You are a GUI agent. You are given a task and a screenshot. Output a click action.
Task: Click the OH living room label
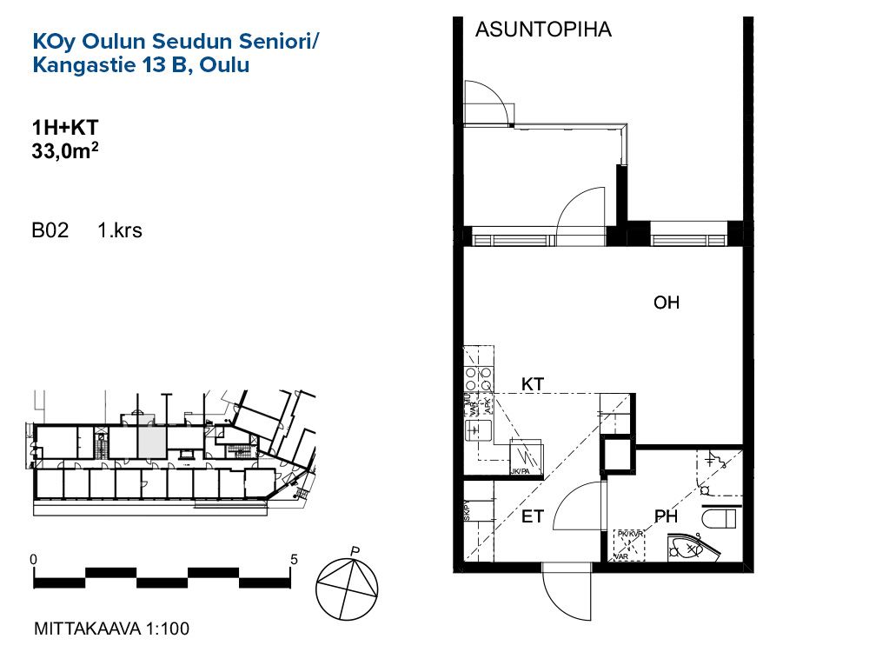(667, 303)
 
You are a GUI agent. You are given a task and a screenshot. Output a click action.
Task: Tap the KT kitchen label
(533, 383)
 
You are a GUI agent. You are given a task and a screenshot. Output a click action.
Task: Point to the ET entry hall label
(533, 517)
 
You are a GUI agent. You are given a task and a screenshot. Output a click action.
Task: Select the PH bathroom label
(667, 517)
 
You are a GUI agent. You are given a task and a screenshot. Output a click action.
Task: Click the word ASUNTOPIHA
(543, 30)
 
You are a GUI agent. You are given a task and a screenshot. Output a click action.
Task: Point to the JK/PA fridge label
(521, 471)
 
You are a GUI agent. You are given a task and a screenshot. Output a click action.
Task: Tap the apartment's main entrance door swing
(565, 591)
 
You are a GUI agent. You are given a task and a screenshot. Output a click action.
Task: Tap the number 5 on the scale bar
(294, 559)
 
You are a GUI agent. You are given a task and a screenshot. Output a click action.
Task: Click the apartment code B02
(50, 231)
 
